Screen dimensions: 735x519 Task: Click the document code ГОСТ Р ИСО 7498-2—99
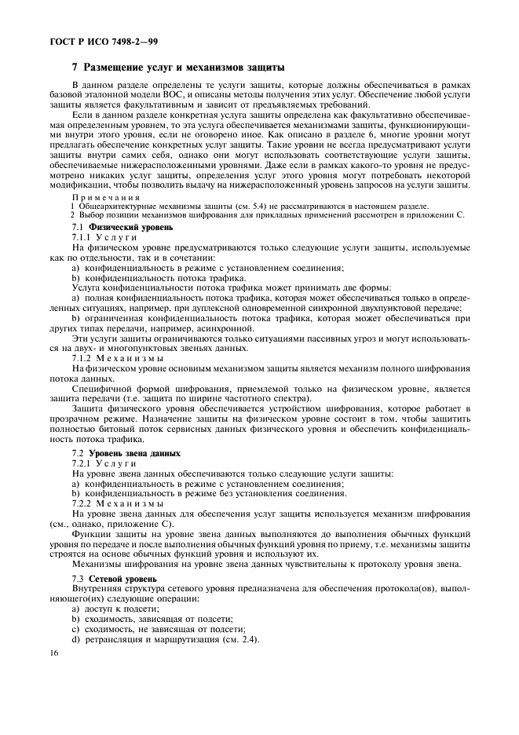pos(93,41)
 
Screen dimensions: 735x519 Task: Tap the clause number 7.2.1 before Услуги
pos(83,464)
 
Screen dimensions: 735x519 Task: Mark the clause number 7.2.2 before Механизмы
pos(83,503)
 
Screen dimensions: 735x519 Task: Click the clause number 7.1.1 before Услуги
pos(83,236)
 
